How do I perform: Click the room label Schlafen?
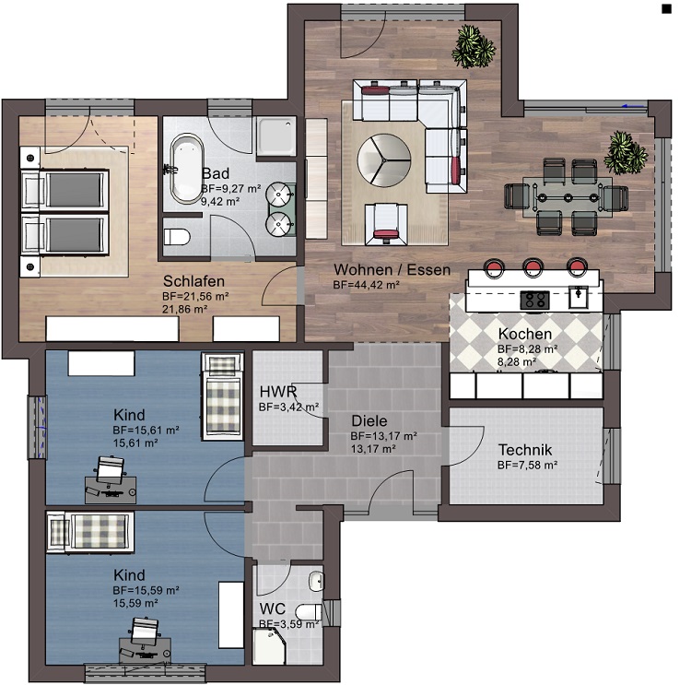tap(193, 281)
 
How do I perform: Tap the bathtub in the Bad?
tap(187, 170)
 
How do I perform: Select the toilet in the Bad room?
tap(177, 237)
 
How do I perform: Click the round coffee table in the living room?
tap(384, 159)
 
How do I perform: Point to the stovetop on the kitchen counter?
tap(535, 300)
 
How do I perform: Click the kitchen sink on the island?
tap(579, 297)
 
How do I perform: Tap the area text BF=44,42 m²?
tap(366, 285)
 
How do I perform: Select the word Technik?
tap(525, 450)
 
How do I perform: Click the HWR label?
tap(278, 392)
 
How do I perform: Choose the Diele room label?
tap(369, 420)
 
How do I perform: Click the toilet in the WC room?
tap(309, 612)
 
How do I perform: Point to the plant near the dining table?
tap(626, 152)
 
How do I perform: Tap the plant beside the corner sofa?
tap(474, 46)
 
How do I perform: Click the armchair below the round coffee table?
tap(386, 224)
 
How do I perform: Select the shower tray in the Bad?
tap(276, 136)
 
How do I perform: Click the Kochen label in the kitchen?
tap(525, 334)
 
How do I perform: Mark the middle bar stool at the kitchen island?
tap(533, 266)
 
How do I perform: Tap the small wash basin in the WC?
tap(316, 581)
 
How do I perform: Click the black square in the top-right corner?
tap(666, 9)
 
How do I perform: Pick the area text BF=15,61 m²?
tap(146, 430)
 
